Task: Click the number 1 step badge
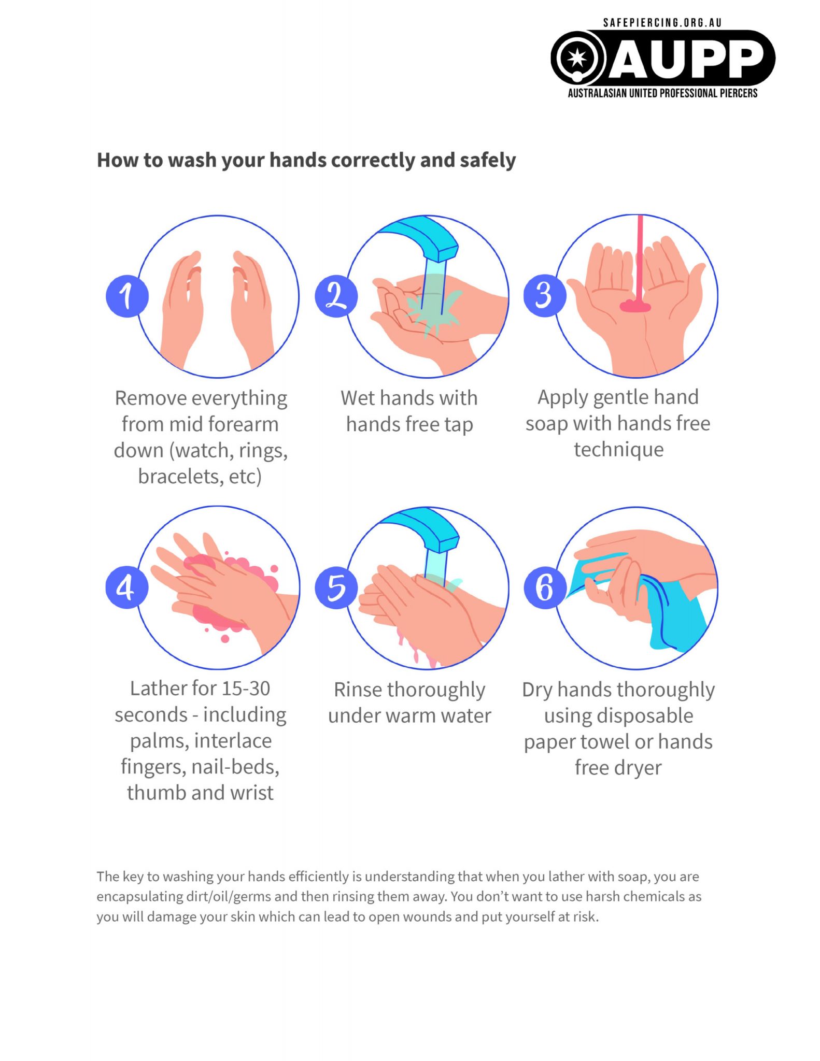pyautogui.click(x=127, y=296)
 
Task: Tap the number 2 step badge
pyautogui.click(x=336, y=296)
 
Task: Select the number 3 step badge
pyautogui.click(x=545, y=295)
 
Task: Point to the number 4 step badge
pyautogui.click(x=127, y=587)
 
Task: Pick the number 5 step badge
pyautogui.click(x=336, y=587)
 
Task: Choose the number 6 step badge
pyautogui.click(x=545, y=587)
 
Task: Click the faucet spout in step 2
pyautogui.click(x=425, y=236)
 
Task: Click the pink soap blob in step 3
pyautogui.click(x=635, y=306)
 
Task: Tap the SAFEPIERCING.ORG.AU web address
pyautogui.click(x=662, y=23)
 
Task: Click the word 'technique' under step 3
pyautogui.click(x=618, y=449)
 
